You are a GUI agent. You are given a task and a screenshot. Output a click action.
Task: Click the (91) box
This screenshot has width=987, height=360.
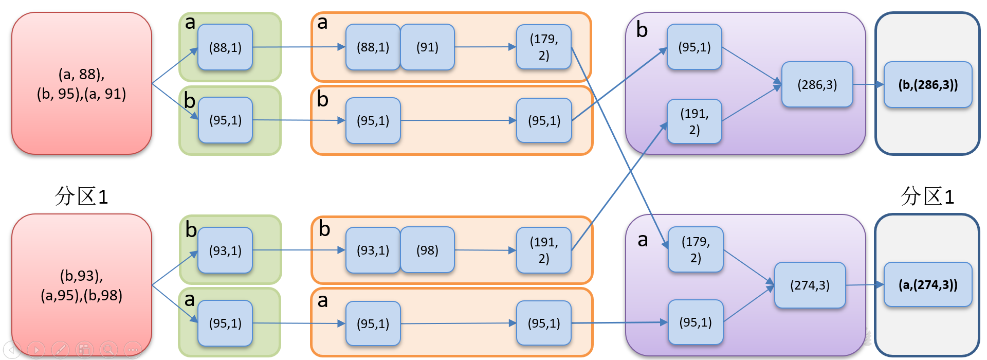pyautogui.click(x=427, y=47)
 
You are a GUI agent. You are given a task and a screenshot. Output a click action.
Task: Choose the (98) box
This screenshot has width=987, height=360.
pyautogui.click(x=427, y=250)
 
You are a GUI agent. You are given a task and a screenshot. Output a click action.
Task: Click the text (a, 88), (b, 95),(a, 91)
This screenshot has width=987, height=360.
pyautogui.click(x=81, y=84)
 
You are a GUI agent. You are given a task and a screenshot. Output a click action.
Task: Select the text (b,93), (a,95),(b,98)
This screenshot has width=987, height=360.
pyautogui.click(x=81, y=285)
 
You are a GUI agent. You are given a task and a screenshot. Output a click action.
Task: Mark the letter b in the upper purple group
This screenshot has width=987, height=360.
pyautogui.click(x=642, y=30)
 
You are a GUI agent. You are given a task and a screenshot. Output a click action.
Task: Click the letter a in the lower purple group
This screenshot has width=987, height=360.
pyautogui.click(x=643, y=240)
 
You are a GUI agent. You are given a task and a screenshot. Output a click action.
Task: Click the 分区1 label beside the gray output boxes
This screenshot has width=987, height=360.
pyautogui.click(x=927, y=196)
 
